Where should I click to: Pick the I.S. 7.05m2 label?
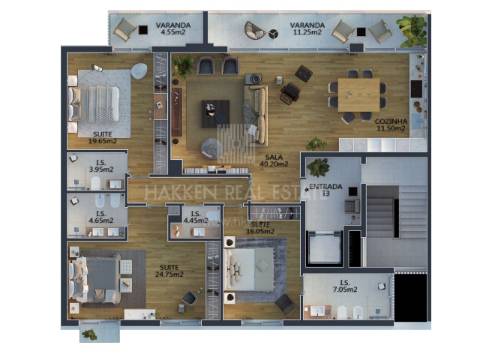(x=344, y=287)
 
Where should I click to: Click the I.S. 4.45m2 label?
(x=197, y=217)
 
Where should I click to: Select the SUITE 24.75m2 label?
(x=173, y=270)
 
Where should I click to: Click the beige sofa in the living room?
(x=255, y=104)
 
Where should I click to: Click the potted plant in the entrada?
(x=319, y=168)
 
